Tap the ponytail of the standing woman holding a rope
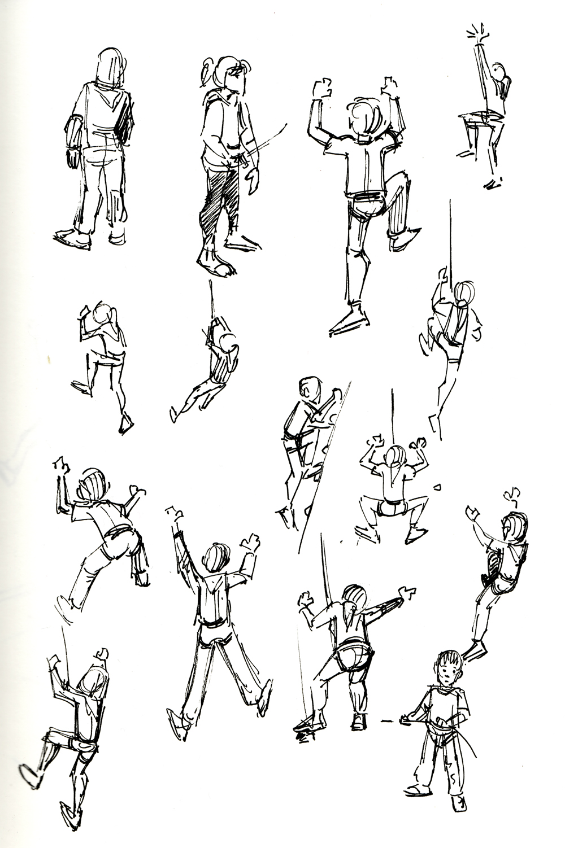tap(206, 72)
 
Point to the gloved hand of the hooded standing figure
tap(73, 157)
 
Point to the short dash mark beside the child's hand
tap(387, 721)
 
